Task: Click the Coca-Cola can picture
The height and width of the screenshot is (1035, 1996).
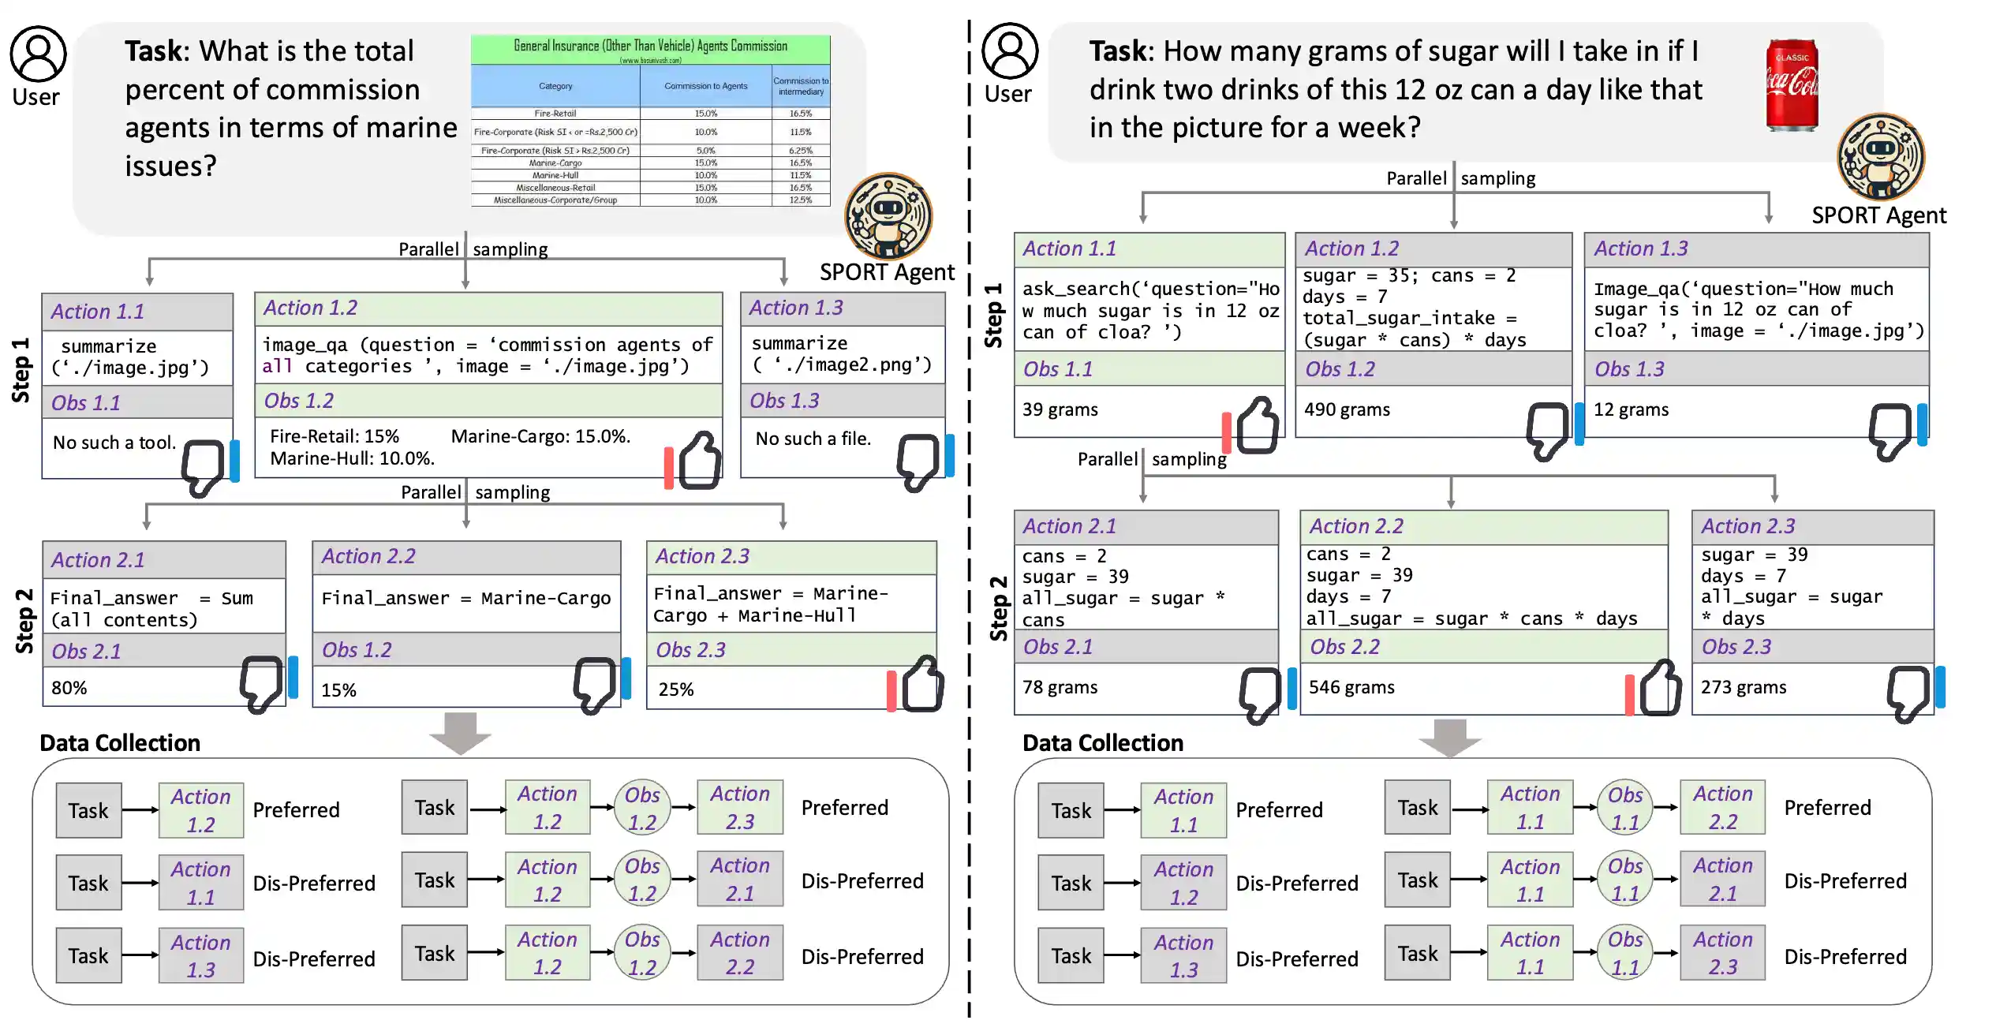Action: point(1792,84)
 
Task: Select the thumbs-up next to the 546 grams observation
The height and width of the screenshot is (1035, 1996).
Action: point(1660,688)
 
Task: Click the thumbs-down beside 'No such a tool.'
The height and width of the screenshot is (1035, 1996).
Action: point(203,466)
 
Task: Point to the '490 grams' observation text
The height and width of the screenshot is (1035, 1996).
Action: point(1347,409)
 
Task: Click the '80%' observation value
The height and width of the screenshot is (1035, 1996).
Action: point(69,688)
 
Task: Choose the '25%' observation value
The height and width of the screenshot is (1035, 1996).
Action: point(676,689)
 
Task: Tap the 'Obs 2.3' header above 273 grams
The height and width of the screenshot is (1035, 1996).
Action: point(1736,647)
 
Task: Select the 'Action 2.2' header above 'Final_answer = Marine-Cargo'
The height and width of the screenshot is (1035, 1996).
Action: point(368,556)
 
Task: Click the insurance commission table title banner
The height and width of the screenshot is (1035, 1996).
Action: point(650,48)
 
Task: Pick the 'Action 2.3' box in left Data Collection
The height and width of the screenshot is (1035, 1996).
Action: point(739,808)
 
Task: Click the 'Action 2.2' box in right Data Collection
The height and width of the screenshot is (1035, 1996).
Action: point(1722,808)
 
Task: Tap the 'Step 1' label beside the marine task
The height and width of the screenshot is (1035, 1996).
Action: point(21,370)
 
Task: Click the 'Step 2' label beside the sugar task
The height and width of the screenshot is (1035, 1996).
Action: point(998,607)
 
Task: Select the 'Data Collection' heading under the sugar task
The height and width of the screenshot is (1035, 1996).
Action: point(1102,742)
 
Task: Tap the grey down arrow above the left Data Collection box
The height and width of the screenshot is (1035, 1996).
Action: point(460,732)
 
